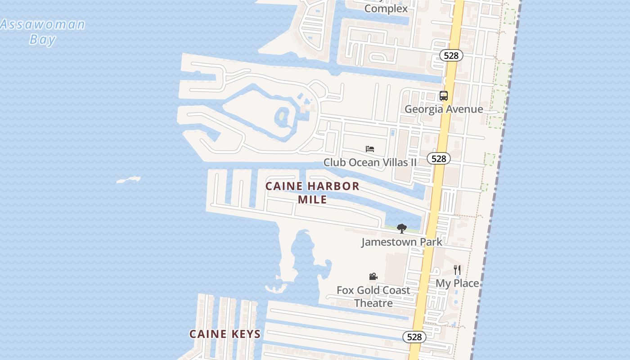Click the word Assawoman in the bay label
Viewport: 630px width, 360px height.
click(x=43, y=24)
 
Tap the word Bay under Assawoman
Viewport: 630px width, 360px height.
click(x=43, y=39)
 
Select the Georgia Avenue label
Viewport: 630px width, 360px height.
click(x=444, y=109)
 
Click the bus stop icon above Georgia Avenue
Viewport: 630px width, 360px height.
click(x=444, y=95)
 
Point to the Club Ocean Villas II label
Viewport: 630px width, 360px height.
click(x=370, y=162)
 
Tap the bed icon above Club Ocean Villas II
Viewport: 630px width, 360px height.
click(x=370, y=149)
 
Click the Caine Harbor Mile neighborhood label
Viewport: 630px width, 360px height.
click(x=312, y=193)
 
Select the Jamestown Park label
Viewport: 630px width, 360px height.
click(x=402, y=242)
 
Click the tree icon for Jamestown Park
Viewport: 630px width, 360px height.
click(x=402, y=229)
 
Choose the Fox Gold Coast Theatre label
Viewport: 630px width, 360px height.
click(x=373, y=297)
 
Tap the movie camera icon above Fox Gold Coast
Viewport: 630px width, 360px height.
click(x=373, y=276)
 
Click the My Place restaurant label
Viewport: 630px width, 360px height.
click(x=457, y=283)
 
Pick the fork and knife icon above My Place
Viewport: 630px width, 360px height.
click(x=457, y=270)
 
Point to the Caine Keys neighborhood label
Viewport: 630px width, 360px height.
click(x=225, y=334)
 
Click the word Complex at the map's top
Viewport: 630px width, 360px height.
click(x=386, y=8)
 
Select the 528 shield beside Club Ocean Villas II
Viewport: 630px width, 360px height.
click(x=438, y=158)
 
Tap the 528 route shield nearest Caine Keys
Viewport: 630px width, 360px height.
click(x=414, y=337)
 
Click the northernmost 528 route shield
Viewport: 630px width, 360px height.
click(x=451, y=55)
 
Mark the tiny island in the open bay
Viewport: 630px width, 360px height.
click(x=129, y=180)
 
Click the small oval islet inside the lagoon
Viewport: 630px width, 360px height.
click(x=282, y=116)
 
